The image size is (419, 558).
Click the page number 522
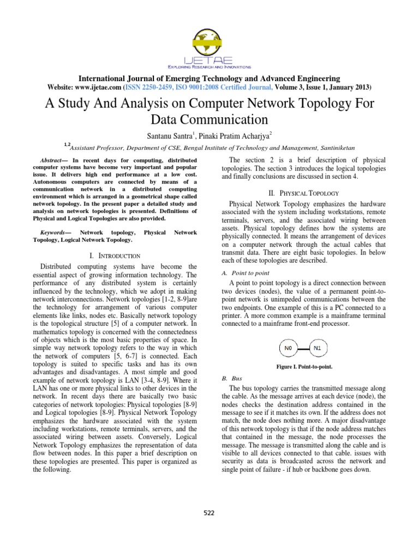209,512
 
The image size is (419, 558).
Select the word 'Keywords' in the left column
51,232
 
